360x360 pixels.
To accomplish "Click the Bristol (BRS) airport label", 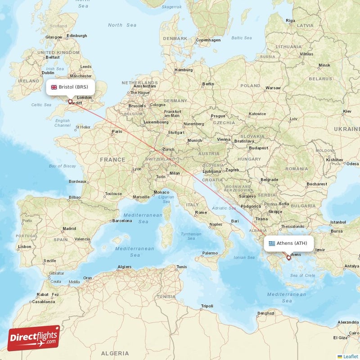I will tap(70, 87).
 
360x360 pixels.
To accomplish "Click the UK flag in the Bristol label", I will tap(54, 87).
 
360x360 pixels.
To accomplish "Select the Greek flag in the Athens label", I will tap(271, 243).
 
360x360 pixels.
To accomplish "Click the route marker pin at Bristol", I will tap(70, 102).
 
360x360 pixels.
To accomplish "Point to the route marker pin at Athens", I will tap(289, 258).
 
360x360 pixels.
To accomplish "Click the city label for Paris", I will tap(117, 131).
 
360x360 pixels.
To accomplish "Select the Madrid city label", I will tap(69, 228).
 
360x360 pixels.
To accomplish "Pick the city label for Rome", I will tap(201, 212).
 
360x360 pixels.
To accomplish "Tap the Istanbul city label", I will tap(338, 222).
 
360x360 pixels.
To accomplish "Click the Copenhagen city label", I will tap(208, 40).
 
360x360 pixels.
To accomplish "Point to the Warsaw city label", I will tap(273, 87).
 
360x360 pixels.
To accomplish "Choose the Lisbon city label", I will tap(24, 247).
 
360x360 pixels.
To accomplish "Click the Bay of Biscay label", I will tap(62, 166).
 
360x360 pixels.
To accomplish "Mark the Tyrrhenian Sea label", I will tap(191, 237).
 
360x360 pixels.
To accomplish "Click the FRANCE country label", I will tap(112, 159).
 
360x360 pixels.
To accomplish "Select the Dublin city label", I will tap(48, 72).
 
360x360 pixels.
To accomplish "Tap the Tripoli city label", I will tap(207, 306).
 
